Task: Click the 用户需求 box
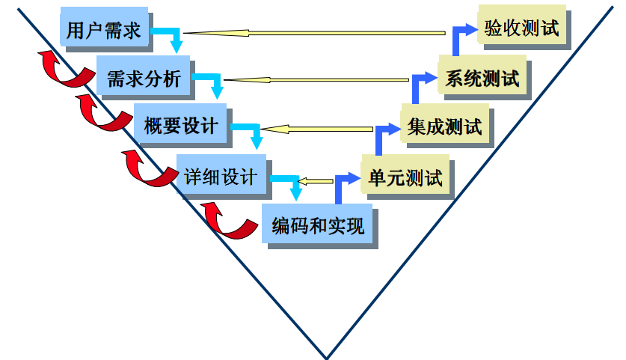(x=104, y=29)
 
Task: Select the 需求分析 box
(x=144, y=77)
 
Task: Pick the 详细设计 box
(x=221, y=177)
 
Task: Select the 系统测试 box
(x=482, y=77)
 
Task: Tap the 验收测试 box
(x=521, y=29)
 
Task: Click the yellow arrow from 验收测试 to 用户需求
(x=314, y=32)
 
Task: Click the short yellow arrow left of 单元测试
(x=315, y=180)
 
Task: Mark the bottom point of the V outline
(x=327, y=356)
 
